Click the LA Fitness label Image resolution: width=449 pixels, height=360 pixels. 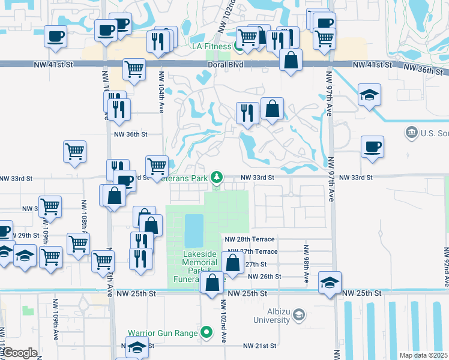click(x=211, y=46)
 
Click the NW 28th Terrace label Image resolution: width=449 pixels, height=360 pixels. click(x=250, y=239)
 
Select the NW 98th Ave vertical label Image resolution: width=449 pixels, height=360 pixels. click(x=306, y=264)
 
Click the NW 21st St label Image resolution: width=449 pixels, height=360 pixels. click(x=259, y=346)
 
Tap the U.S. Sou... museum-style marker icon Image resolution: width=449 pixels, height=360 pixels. click(x=412, y=132)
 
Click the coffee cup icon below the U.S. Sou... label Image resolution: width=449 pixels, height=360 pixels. click(x=372, y=146)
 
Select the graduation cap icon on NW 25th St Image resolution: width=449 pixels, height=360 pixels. click(x=330, y=282)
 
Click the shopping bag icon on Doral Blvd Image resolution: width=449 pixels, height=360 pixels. click(x=291, y=60)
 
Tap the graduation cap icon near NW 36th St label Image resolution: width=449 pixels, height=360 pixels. click(x=369, y=94)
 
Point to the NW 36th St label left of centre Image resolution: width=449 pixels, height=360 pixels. click(x=131, y=134)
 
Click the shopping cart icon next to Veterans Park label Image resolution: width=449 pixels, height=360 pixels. click(x=157, y=166)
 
